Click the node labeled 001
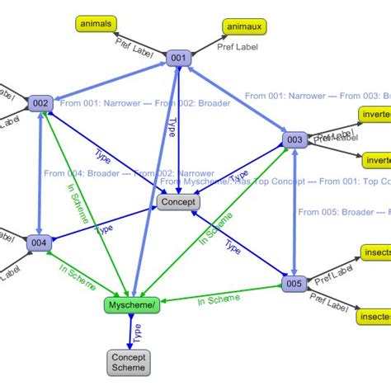(177, 58)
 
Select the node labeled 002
(40, 104)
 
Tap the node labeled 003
(294, 140)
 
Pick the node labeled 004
(39, 243)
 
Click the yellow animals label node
(97, 24)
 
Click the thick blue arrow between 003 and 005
(294, 212)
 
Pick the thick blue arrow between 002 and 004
(40, 173)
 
